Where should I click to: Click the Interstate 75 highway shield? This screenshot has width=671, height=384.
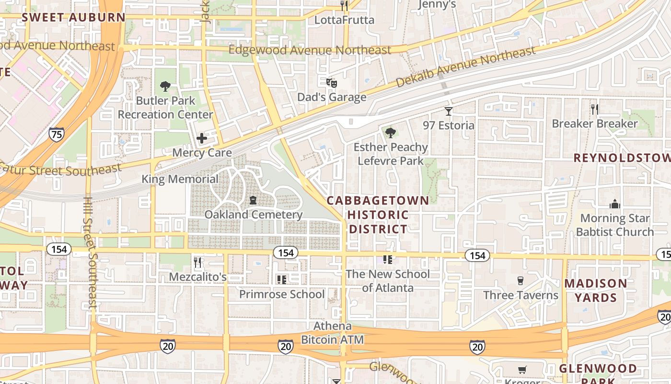(x=56, y=134)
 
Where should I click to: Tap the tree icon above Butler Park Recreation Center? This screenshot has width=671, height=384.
(x=165, y=86)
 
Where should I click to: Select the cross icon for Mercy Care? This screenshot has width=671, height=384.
(x=202, y=139)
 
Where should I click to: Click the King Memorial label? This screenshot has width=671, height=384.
(x=180, y=179)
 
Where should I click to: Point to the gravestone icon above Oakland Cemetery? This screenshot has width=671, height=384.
(x=253, y=200)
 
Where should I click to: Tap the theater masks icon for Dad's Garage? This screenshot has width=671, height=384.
(x=331, y=83)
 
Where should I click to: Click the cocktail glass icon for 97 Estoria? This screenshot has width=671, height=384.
(x=449, y=111)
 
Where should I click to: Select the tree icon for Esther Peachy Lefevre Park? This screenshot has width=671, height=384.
(x=391, y=132)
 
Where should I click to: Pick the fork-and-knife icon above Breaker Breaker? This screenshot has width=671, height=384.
(x=595, y=109)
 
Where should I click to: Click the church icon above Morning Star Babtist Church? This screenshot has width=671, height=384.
(x=615, y=204)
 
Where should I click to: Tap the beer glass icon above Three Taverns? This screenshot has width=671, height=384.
(x=521, y=281)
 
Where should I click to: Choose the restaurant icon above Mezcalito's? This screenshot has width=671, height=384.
(x=197, y=262)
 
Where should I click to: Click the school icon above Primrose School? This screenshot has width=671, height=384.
(x=281, y=279)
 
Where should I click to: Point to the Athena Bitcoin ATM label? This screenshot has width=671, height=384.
(x=332, y=333)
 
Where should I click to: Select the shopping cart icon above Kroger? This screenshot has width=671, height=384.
(x=522, y=370)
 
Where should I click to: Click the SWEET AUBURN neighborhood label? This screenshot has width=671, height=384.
(x=73, y=18)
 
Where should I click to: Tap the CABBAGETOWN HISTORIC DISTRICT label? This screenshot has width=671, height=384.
(x=378, y=215)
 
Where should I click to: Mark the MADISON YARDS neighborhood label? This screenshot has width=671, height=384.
(x=595, y=290)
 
